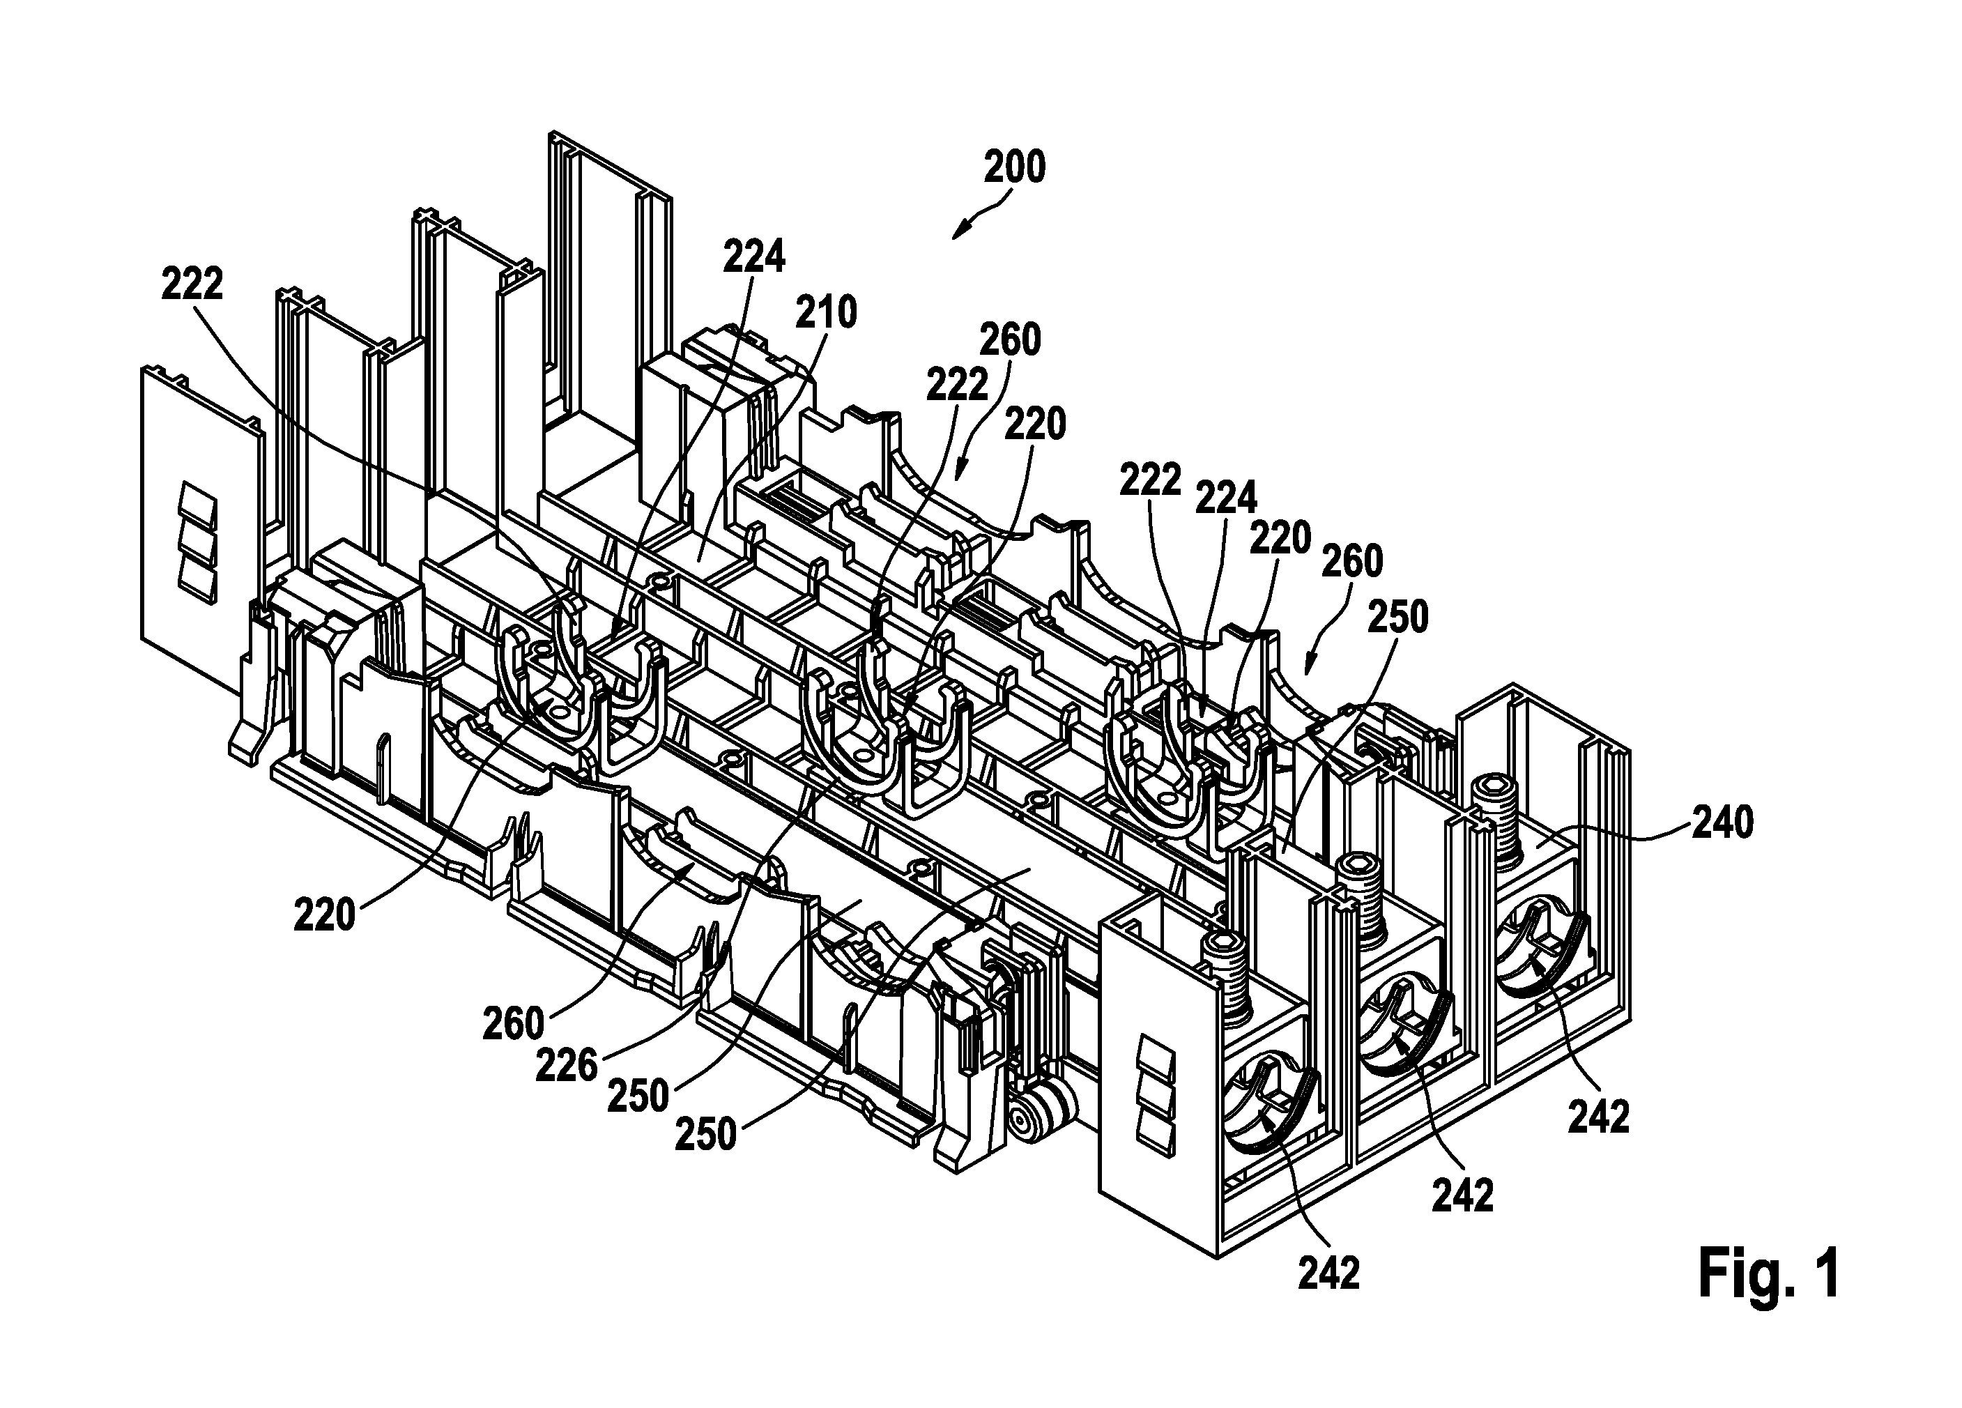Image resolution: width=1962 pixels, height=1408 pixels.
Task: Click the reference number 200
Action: click(1015, 167)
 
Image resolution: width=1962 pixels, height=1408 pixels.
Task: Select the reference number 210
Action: click(826, 312)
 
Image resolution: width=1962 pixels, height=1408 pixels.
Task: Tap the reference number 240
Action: click(1722, 822)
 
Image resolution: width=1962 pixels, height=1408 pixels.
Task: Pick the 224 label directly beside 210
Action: click(754, 257)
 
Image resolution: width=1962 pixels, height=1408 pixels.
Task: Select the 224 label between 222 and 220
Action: click(1226, 498)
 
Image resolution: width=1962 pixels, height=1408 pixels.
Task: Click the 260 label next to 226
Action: click(514, 1025)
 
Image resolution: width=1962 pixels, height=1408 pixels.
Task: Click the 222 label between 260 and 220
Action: click(958, 385)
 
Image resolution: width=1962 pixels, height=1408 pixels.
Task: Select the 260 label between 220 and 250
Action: click(1353, 562)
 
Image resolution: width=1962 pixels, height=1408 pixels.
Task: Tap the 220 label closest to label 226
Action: click(324, 916)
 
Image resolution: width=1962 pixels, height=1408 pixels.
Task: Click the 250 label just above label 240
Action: click(1399, 618)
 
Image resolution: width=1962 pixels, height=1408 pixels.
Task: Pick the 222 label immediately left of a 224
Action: click(1151, 480)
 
